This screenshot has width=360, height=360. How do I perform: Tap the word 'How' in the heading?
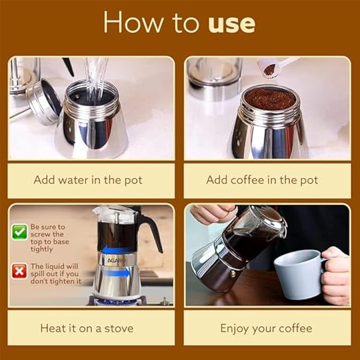[133, 22]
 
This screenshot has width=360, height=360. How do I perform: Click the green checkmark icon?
[20, 232]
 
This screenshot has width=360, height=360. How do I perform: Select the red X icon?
[19, 272]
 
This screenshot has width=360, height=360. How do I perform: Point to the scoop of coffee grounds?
[270, 69]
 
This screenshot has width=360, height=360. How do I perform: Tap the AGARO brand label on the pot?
[116, 260]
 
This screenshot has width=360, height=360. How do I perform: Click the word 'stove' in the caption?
[119, 328]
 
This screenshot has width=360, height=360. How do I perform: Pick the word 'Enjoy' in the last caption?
[235, 329]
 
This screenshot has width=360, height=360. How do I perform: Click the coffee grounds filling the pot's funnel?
[270, 98]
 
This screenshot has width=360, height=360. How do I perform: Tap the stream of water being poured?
[95, 80]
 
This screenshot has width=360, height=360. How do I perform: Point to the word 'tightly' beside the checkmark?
[42, 249]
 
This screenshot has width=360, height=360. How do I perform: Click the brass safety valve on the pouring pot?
[233, 274]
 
